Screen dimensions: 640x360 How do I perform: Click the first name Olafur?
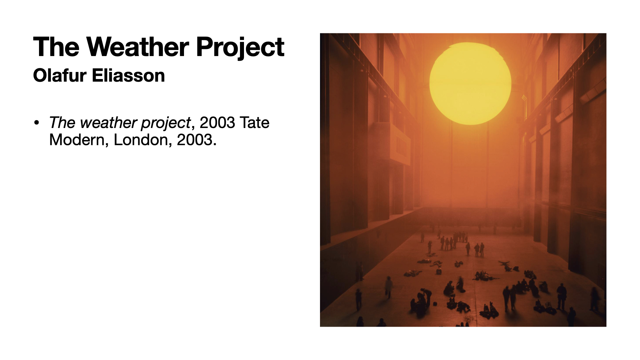click(60, 75)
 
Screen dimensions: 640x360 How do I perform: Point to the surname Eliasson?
click(128, 75)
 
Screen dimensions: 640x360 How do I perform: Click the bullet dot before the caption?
click(37, 122)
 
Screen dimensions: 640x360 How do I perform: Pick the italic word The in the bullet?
click(62, 122)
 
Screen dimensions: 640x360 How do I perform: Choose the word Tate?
click(254, 122)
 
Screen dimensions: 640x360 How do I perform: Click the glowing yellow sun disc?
click(470, 83)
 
